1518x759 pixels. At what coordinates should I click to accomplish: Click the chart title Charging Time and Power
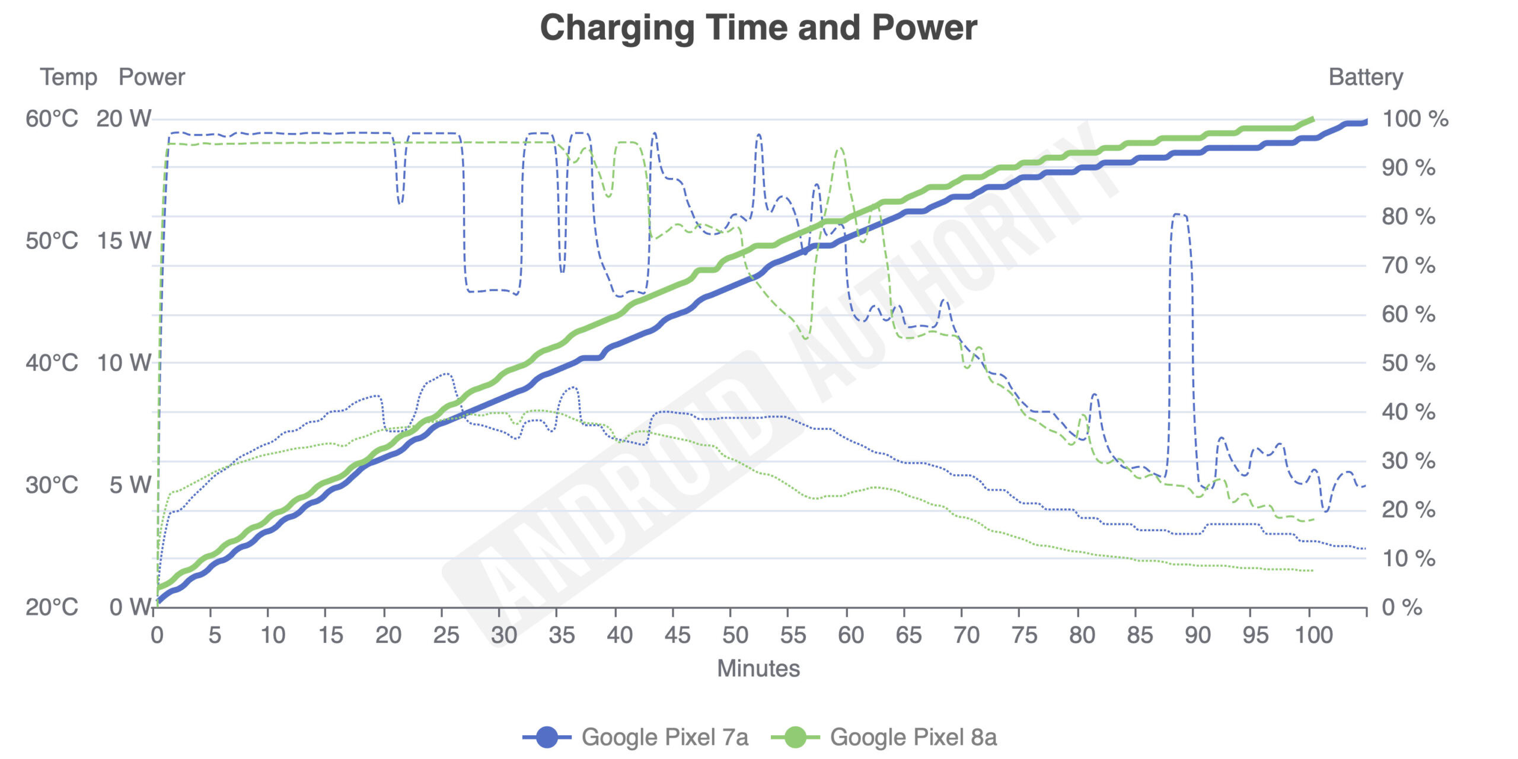point(758,28)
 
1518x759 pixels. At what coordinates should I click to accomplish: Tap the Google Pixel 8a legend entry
point(884,737)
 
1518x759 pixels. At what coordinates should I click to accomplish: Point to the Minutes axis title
point(758,668)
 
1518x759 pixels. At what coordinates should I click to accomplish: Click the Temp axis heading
point(69,77)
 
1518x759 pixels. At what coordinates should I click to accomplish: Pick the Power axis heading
point(152,77)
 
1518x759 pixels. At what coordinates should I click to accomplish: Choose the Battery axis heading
point(1366,77)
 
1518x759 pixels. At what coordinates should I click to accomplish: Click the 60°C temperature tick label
point(52,119)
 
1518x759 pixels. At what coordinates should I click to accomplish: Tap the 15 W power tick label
point(124,241)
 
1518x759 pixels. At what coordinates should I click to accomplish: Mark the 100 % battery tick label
point(1415,119)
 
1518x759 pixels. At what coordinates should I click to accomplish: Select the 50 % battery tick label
point(1408,363)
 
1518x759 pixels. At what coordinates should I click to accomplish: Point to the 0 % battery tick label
point(1402,607)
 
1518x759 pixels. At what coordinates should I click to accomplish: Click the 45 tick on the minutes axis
point(677,635)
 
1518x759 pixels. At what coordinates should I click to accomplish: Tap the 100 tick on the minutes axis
point(1314,635)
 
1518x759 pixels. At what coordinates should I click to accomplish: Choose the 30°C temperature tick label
point(52,485)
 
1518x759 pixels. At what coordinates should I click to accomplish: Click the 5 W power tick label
point(130,485)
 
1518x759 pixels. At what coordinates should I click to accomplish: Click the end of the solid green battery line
point(1313,119)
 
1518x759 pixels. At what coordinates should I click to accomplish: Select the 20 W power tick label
point(124,119)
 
